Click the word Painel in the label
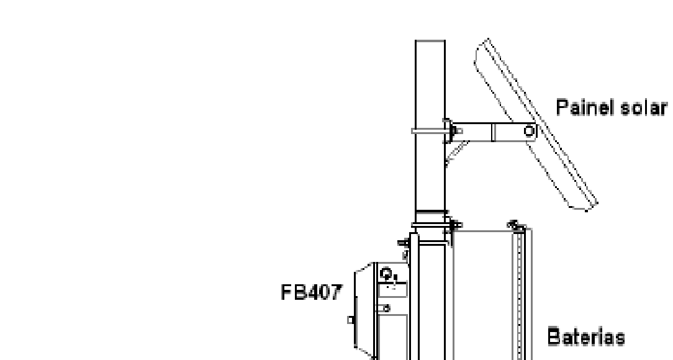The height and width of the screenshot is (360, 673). click(x=580, y=107)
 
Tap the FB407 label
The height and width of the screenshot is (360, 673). click(x=312, y=292)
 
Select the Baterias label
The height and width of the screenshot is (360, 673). click(x=586, y=337)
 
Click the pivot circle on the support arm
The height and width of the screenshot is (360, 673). click(x=530, y=131)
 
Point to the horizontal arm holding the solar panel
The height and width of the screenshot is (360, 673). click(x=493, y=132)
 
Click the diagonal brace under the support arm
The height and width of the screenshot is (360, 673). click(x=456, y=153)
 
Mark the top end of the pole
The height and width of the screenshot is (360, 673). click(x=430, y=41)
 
